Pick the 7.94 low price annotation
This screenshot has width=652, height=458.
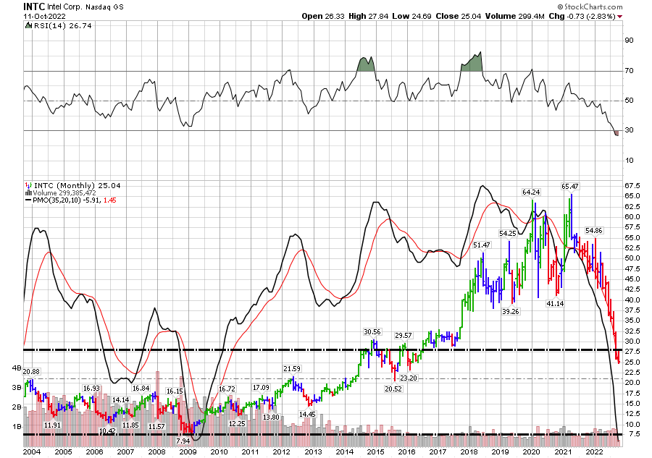pyautogui.click(x=183, y=441)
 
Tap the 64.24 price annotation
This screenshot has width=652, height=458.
pyautogui.click(x=532, y=192)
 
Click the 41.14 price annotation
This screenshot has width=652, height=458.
pyautogui.click(x=555, y=304)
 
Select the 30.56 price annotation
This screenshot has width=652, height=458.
pyautogui.click(x=372, y=331)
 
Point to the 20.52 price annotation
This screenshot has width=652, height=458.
pyautogui.click(x=393, y=389)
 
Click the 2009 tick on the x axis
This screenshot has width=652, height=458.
pyautogui.click(x=188, y=451)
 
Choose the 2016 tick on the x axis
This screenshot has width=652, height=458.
pyautogui.click(x=406, y=451)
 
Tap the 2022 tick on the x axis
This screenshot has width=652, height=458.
pyautogui.click(x=593, y=451)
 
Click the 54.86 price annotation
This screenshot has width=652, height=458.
pyautogui.click(x=594, y=230)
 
